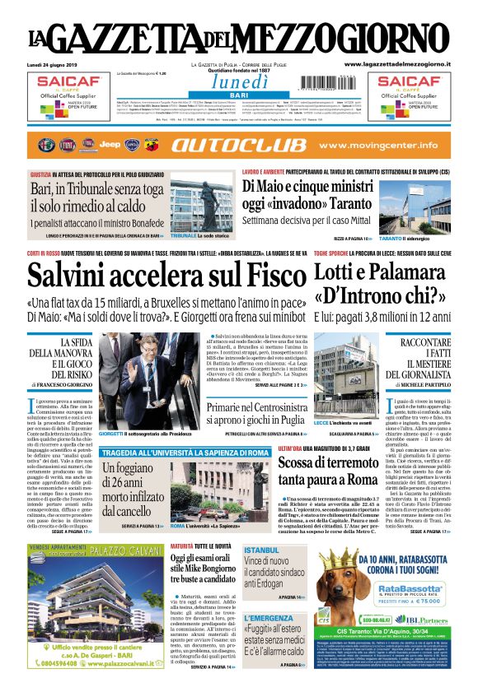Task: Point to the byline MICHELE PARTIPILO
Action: click(419, 385)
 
